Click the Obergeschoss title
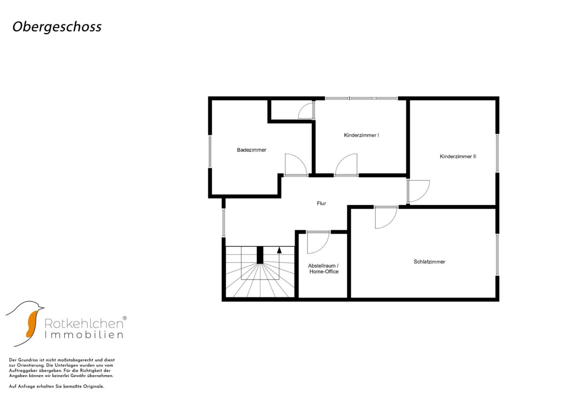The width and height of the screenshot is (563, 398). pyautogui.click(x=57, y=27)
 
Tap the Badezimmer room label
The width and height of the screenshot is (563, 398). pyautogui.click(x=251, y=150)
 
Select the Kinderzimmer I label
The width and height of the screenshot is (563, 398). pyautogui.click(x=361, y=135)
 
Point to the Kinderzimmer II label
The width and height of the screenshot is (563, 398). pyautogui.click(x=458, y=157)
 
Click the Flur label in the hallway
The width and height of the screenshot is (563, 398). pyautogui.click(x=321, y=203)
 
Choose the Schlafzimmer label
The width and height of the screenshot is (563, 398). pyautogui.click(x=429, y=262)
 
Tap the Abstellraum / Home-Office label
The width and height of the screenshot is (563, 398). pyautogui.click(x=324, y=269)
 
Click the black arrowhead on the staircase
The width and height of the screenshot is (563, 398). pyautogui.click(x=279, y=250)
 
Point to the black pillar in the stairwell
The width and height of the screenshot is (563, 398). pyautogui.click(x=260, y=255)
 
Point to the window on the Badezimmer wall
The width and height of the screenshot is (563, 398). pyautogui.click(x=210, y=151)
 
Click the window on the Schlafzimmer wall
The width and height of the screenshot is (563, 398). pyautogui.click(x=497, y=255)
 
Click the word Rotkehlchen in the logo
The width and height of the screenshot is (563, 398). pyautogui.click(x=84, y=324)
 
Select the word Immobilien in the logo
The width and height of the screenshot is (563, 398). pyautogui.click(x=84, y=335)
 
